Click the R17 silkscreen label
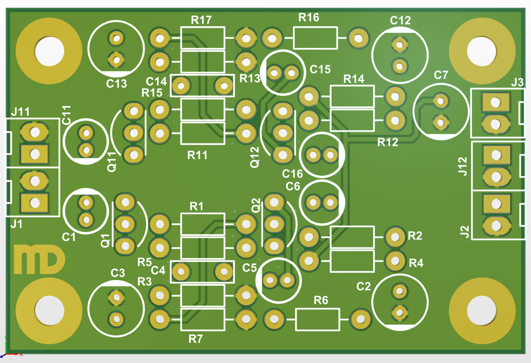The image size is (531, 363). [x=201, y=20]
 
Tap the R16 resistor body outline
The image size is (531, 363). [x=315, y=38]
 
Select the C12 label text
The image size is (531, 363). [x=400, y=21]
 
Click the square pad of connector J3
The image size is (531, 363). [x=495, y=102]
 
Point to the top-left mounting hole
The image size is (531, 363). [x=49, y=51]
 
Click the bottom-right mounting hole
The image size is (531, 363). [x=482, y=311]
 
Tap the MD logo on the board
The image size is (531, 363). [x=39, y=259]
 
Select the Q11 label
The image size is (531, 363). [x=112, y=162]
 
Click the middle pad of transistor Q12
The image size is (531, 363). [x=283, y=133]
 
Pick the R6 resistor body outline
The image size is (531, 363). [x=317, y=320]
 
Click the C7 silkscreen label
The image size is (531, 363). [x=441, y=75]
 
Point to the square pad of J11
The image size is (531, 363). [x=35, y=154]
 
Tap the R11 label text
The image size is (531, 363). [x=197, y=155]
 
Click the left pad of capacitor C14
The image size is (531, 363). [x=181, y=86]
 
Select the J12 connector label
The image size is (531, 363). [x=462, y=166]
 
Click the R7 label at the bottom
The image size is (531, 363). [x=195, y=339]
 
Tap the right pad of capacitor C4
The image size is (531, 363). [x=224, y=272]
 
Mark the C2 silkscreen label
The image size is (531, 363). [x=363, y=286]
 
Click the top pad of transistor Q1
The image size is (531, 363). [x=125, y=202]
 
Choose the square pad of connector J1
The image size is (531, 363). [x=35, y=203]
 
